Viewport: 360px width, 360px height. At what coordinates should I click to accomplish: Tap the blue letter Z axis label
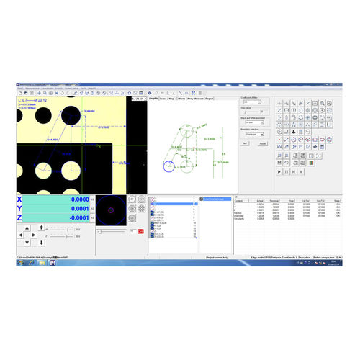19,217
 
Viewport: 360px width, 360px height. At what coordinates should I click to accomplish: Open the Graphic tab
153,99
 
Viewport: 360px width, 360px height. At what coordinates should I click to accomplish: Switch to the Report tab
209,99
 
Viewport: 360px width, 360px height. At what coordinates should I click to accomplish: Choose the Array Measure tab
194,99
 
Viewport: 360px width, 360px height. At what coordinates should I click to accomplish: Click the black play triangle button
279,171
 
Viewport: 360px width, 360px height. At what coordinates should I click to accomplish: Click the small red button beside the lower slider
134,231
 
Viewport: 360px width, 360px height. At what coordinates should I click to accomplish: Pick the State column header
337,201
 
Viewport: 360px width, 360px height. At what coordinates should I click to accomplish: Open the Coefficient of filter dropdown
254,102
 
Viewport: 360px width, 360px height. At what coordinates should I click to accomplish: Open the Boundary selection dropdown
254,134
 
